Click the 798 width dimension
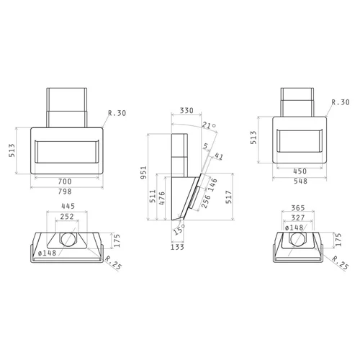[65, 192]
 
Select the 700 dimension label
[65, 181]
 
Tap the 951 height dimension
[143, 172]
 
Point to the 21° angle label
[209, 125]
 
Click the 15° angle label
[179, 230]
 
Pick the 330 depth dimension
[186, 110]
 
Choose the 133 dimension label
[177, 247]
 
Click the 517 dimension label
[229, 197]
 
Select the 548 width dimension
[300, 181]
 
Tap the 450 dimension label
[300, 171]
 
